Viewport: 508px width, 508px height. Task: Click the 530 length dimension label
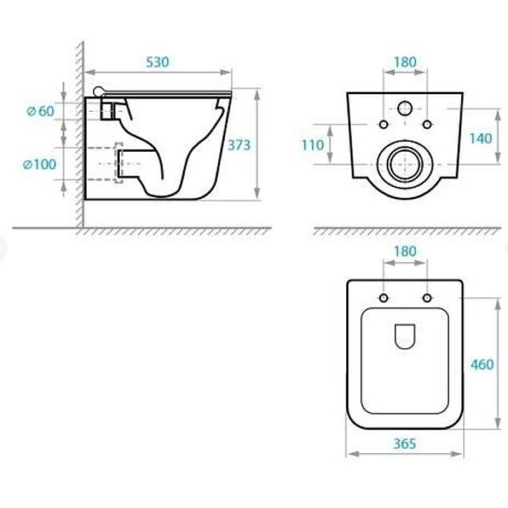[157, 62]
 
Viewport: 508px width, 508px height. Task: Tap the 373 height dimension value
[239, 145]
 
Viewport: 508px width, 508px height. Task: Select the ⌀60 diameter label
[41, 112]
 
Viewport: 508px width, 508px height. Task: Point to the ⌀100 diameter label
[40, 165]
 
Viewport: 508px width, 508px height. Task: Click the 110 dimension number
[313, 145]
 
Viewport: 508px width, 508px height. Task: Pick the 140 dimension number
[481, 139]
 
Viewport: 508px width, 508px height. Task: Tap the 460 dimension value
[482, 364]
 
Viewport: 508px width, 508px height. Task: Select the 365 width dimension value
[404, 444]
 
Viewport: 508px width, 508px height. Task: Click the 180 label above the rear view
[405, 62]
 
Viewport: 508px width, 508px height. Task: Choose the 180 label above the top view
[405, 251]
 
